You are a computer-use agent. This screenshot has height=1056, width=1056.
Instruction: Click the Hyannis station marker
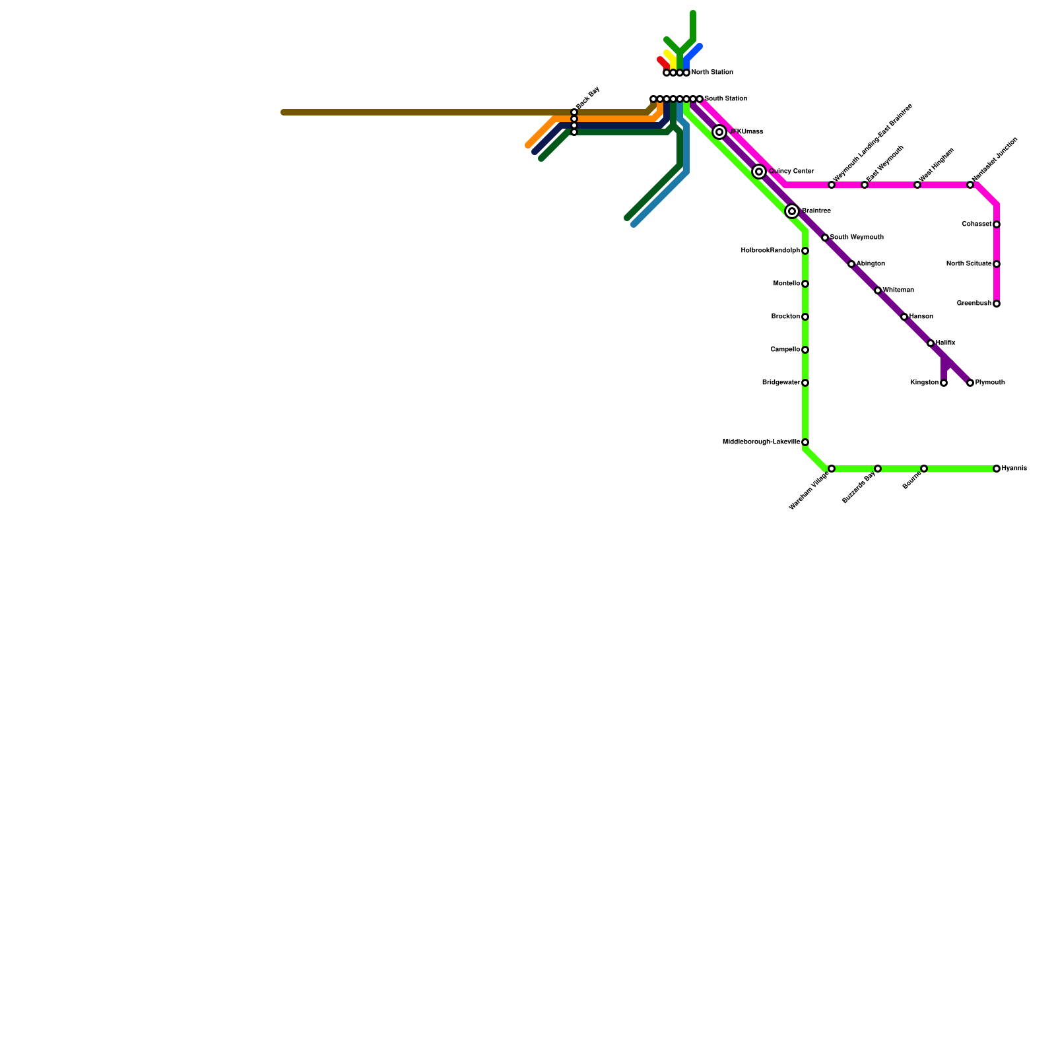[997, 469]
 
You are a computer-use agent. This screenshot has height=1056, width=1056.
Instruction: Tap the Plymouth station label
[990, 383]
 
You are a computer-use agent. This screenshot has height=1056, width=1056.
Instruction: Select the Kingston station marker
[944, 383]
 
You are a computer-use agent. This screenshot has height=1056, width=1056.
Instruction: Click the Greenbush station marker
[997, 304]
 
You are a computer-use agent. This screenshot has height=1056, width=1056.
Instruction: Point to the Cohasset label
[976, 224]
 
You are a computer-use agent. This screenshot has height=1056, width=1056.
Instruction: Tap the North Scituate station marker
[997, 264]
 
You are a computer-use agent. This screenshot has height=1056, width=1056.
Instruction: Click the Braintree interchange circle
[792, 211]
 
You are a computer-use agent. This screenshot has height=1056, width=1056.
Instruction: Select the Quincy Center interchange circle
[759, 172]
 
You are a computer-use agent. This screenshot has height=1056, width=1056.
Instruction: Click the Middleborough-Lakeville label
[761, 442]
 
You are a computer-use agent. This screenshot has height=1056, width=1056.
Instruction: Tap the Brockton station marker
[805, 317]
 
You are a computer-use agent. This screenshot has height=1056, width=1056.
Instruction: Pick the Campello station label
[785, 350]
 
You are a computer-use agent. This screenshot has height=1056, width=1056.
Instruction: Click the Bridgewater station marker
[805, 383]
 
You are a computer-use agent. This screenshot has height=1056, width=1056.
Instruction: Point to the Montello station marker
[805, 284]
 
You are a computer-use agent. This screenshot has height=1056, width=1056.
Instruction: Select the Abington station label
[871, 264]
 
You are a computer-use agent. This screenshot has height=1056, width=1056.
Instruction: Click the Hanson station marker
[904, 317]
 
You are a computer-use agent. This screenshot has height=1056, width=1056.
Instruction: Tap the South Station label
[725, 99]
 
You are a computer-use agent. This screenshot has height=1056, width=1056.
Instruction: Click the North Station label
[712, 73]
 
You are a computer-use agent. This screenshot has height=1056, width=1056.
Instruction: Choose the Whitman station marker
[878, 290]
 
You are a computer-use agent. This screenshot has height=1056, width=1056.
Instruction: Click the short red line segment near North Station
[663, 63]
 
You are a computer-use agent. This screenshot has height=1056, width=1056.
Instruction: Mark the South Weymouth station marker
[825, 238]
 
